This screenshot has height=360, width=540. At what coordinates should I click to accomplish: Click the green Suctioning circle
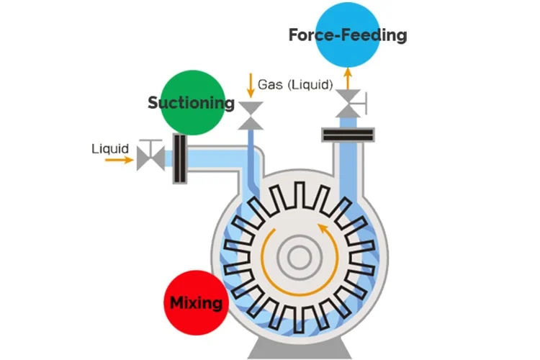pos(183,102)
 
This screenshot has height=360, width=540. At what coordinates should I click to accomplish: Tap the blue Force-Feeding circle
pos(347,35)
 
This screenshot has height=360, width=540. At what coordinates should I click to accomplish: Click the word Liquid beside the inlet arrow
pos(110,149)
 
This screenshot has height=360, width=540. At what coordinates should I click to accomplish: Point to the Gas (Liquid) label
pos(295,84)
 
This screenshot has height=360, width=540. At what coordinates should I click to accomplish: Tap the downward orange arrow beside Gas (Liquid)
pos(250,84)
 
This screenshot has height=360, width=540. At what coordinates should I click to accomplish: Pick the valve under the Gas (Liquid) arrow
pos(250,114)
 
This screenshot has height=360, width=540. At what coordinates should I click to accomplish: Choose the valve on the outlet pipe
pos(348,104)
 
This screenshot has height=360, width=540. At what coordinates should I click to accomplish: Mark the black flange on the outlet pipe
pos(348,135)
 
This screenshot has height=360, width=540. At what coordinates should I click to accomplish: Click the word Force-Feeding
pos(347,35)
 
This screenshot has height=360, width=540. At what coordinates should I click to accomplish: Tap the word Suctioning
pos(191,103)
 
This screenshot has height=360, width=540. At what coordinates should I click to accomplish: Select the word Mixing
pos(196,302)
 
